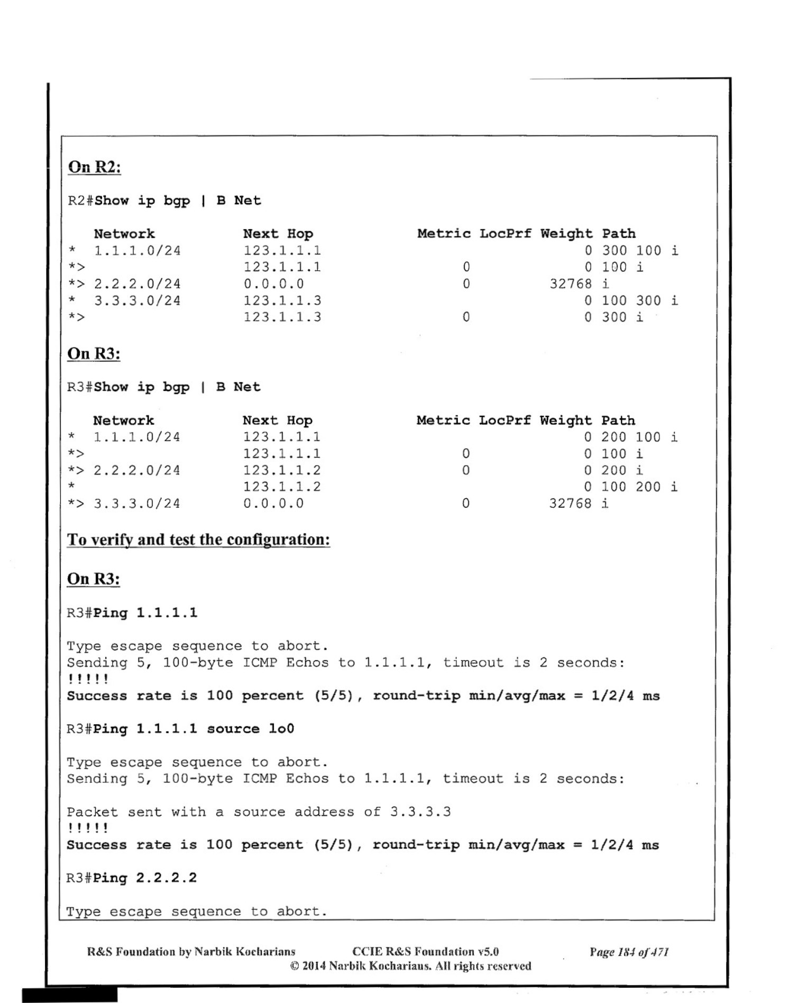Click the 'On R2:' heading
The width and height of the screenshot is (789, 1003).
94,167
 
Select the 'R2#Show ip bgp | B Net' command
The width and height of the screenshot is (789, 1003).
164,201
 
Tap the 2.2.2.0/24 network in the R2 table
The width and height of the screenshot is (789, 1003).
137,284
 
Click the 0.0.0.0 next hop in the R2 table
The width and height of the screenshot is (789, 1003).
273,284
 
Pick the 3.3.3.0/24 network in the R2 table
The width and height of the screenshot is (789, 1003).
137,301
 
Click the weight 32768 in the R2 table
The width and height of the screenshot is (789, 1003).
570,284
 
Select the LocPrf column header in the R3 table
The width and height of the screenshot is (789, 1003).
504,421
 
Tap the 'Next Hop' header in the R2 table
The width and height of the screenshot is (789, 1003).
278,234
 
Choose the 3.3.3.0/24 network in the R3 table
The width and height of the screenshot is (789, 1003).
136,504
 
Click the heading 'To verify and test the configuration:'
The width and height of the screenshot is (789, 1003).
198,540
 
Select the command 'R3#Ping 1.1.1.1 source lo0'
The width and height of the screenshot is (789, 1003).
180,729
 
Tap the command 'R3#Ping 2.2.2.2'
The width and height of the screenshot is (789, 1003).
132,878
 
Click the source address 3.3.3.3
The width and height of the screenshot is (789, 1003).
420,812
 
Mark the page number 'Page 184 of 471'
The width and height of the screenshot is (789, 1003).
629,952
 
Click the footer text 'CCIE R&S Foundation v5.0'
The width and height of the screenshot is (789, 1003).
425,952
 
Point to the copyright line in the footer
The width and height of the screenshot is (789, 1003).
410,966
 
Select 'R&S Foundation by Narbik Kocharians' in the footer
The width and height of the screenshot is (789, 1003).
191,952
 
